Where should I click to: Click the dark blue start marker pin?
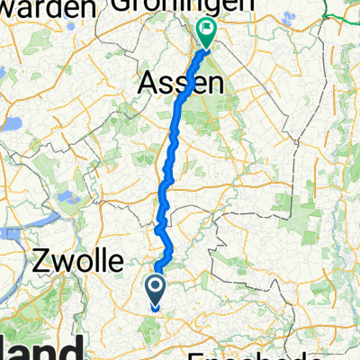156,289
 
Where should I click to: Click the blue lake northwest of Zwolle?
64,196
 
